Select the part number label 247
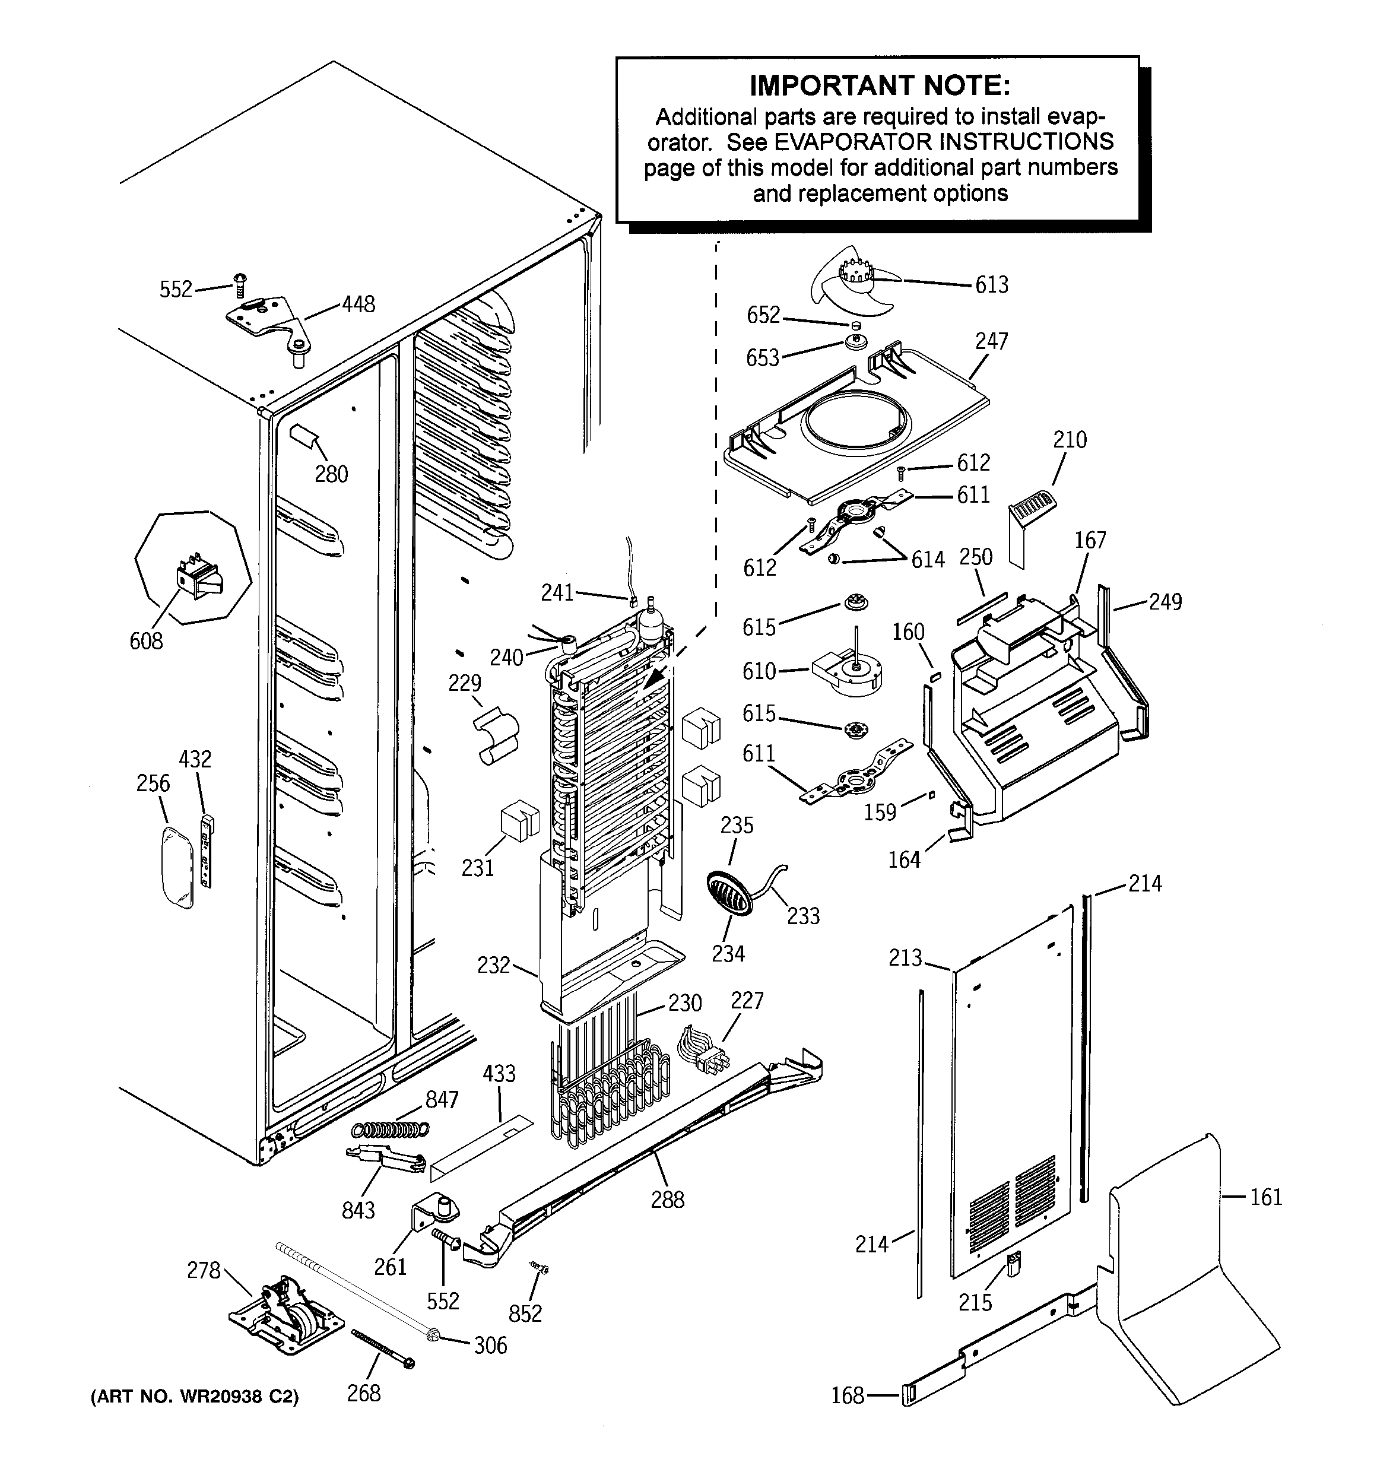(991, 341)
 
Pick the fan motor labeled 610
(846, 667)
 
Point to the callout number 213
(905, 959)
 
